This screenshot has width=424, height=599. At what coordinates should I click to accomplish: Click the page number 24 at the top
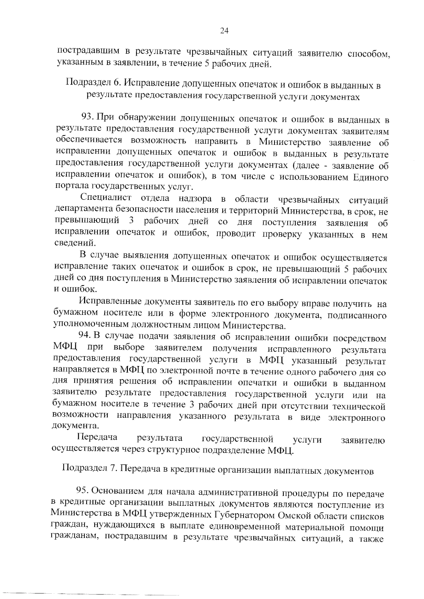click(x=224, y=31)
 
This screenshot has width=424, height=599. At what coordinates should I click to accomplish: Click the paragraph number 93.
click(x=87, y=117)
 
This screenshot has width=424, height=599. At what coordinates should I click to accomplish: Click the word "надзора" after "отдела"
click(x=195, y=199)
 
